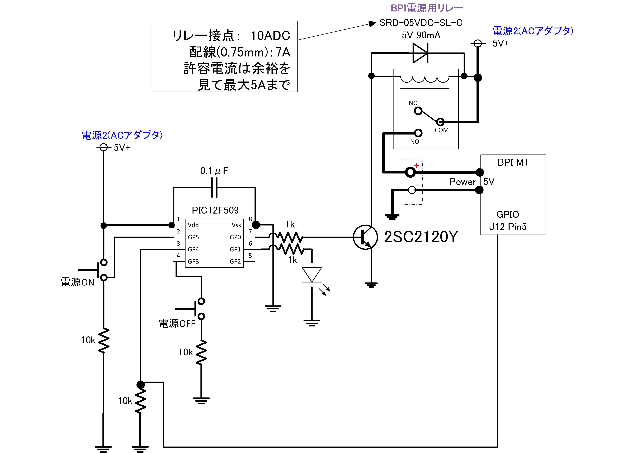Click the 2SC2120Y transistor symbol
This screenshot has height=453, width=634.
pos(365,237)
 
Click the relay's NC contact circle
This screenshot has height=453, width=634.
pos(418,111)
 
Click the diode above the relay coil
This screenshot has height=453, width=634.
pos(420,53)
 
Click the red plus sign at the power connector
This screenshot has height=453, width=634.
pos(416,165)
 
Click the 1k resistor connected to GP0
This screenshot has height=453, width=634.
pos(290,237)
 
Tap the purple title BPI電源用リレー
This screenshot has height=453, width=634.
pos(427,8)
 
